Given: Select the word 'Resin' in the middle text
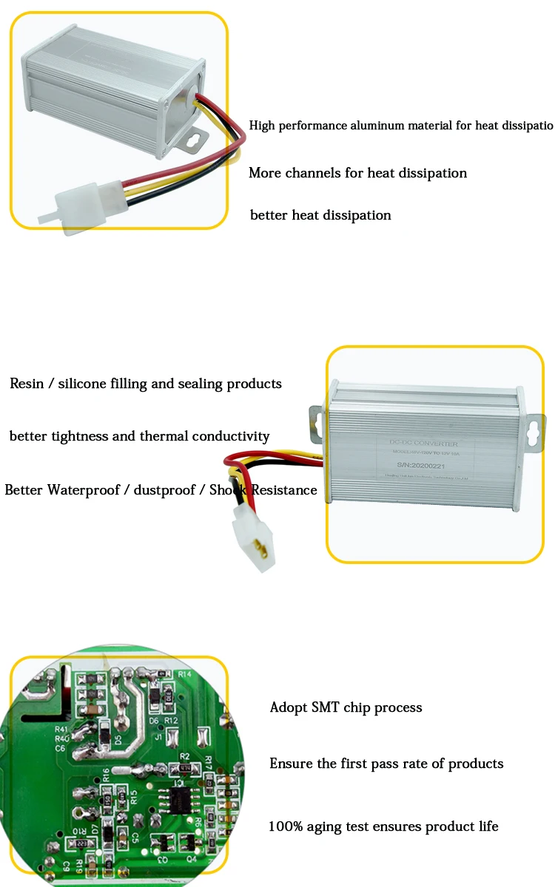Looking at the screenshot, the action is pyautogui.click(x=28, y=384).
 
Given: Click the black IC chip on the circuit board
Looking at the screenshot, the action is pyautogui.click(x=179, y=797).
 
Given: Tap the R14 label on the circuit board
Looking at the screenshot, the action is pyautogui.click(x=186, y=674).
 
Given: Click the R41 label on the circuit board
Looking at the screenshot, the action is pyautogui.click(x=61, y=729).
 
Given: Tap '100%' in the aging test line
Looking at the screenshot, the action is pyautogui.click(x=286, y=826).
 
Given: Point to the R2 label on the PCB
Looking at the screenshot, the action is pyautogui.click(x=185, y=755).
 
